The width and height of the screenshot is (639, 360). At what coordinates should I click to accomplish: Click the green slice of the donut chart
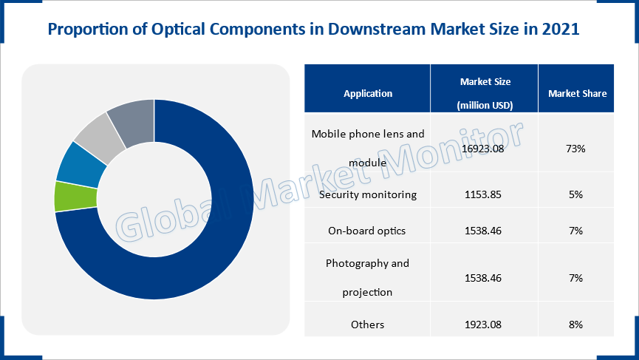pyautogui.click(x=76, y=197)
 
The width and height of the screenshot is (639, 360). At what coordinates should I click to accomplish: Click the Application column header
pyautogui.click(x=368, y=93)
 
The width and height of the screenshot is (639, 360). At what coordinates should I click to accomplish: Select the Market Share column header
pyautogui.click(x=577, y=93)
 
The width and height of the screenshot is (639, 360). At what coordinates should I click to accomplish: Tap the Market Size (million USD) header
pyautogui.click(x=485, y=93)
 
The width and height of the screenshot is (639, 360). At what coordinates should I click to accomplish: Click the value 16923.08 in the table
pyautogui.click(x=483, y=149)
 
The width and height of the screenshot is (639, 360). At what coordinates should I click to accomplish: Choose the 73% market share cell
pyautogui.click(x=575, y=149)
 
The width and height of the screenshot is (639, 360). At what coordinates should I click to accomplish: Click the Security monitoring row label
pyautogui.click(x=368, y=194)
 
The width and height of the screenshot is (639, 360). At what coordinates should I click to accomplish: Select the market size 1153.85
pyautogui.click(x=483, y=194)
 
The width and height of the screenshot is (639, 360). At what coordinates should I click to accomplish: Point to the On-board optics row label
pyautogui.click(x=366, y=231)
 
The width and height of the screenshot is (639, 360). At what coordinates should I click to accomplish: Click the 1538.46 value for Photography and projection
pyautogui.click(x=483, y=278)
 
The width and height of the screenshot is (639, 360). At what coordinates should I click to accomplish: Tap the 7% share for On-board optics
pyautogui.click(x=575, y=231)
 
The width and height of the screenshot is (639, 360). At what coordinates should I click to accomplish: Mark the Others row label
pyautogui.click(x=368, y=325)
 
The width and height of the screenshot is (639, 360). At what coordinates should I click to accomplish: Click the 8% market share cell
pyautogui.click(x=575, y=325)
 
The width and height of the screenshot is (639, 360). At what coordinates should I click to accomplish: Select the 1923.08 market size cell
pyautogui.click(x=483, y=325)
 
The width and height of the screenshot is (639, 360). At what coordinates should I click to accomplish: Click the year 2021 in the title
pyautogui.click(x=561, y=29)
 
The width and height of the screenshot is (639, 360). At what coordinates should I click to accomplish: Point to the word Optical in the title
pyautogui.click(x=178, y=30)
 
